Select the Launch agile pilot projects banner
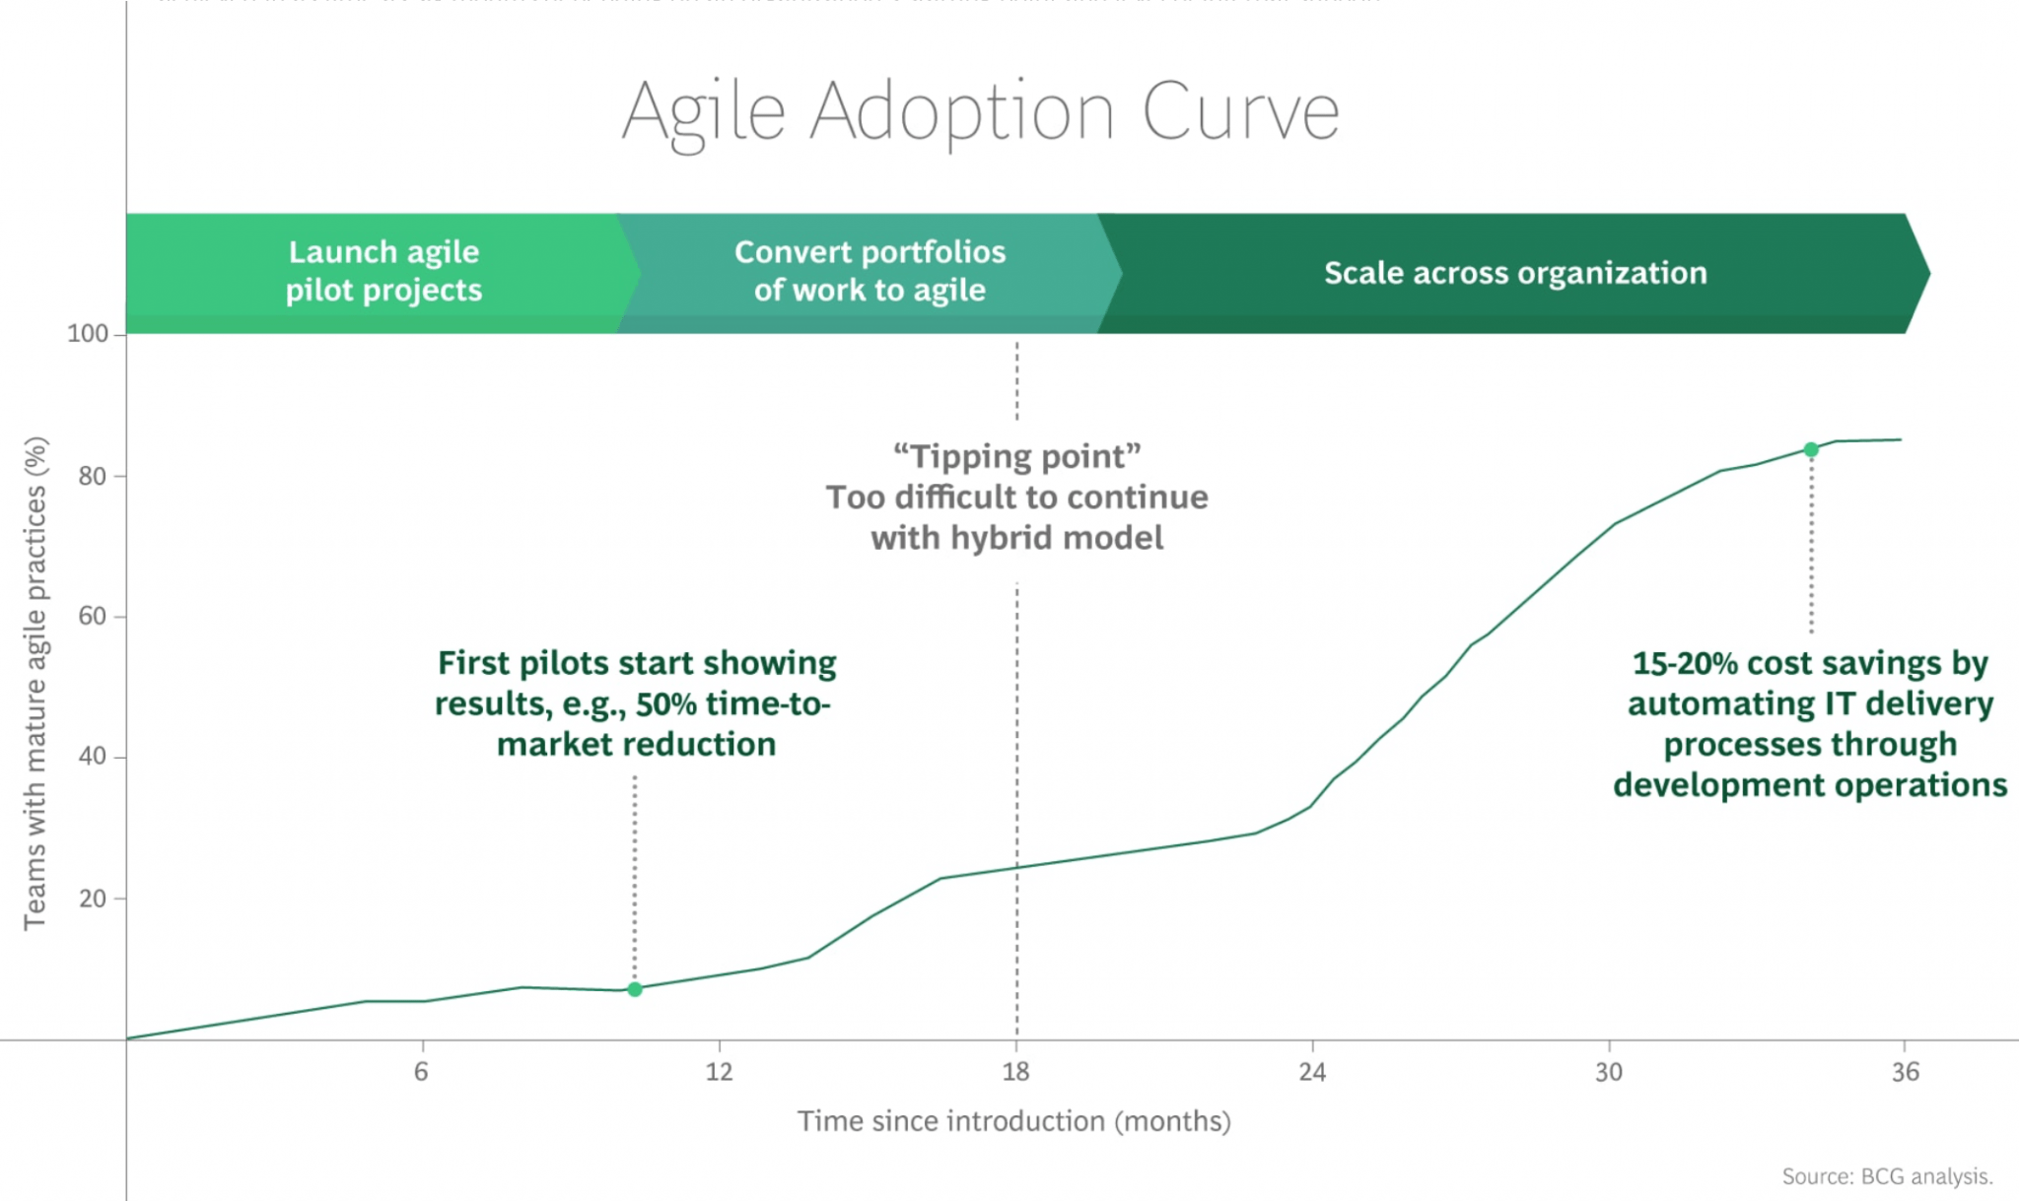(x=383, y=271)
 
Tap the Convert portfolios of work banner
(x=870, y=271)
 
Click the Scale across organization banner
(x=1514, y=273)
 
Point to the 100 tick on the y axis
(x=88, y=334)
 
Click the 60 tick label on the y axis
(x=92, y=617)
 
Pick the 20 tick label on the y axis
(x=92, y=899)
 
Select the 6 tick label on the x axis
(x=422, y=1072)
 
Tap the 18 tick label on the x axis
(x=1015, y=1072)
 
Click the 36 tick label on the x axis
(x=1905, y=1072)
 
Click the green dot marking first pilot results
(x=635, y=989)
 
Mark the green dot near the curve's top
(x=1811, y=449)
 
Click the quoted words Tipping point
(x=1016, y=457)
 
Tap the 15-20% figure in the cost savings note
(x=1684, y=664)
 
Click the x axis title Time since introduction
(x=1013, y=1121)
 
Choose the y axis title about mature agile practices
(x=35, y=683)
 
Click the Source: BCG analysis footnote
(x=1887, y=1176)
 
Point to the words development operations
(x=1810, y=785)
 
